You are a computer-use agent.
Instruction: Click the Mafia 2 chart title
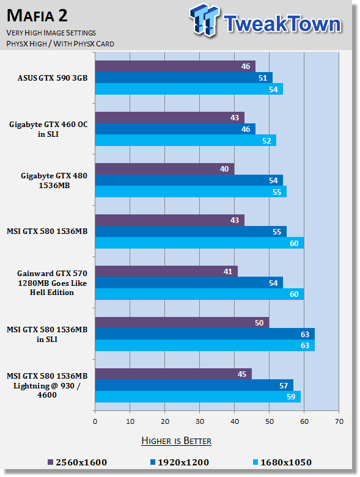(37, 15)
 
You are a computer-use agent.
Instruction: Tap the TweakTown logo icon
(204, 20)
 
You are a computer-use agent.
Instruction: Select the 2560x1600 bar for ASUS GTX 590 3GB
(175, 67)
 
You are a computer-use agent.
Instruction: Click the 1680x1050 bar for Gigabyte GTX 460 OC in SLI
(186, 140)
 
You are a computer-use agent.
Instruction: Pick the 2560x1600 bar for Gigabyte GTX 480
(164, 169)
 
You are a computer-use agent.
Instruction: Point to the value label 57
(284, 386)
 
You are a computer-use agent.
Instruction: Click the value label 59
(291, 397)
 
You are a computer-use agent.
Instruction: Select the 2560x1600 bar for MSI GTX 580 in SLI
(182, 322)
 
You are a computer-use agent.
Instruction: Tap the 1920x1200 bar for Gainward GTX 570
(189, 283)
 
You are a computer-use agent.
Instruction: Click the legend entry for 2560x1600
(77, 462)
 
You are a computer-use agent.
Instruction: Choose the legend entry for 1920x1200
(180, 462)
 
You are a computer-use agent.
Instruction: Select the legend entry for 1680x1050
(282, 462)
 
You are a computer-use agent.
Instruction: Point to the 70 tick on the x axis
(339, 421)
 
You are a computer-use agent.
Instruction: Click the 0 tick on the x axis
(95, 421)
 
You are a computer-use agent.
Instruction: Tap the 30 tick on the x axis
(200, 421)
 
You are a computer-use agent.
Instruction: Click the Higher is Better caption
(177, 441)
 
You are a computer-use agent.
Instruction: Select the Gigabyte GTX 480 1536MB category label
(54, 180)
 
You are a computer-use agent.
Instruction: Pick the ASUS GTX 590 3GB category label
(53, 78)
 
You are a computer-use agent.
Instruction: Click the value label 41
(228, 271)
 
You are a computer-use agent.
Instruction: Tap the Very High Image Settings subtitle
(51, 33)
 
